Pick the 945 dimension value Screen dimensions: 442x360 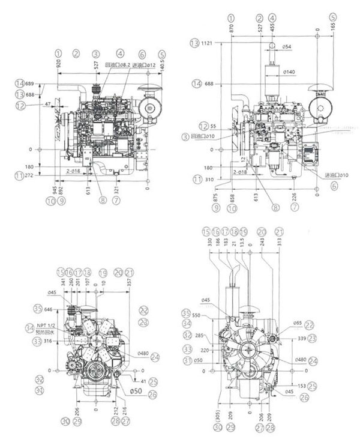[x=55, y=192]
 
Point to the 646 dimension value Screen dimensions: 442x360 [x=41, y=309]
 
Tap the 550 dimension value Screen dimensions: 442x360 [x=196, y=315]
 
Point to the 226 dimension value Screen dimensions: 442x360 [x=294, y=195]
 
